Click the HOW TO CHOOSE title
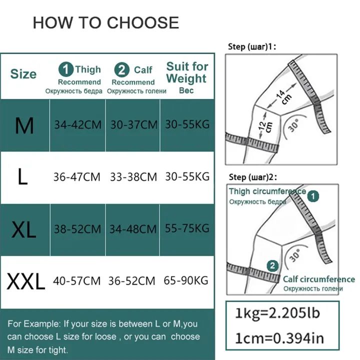click(106, 22)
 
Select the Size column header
click(23, 74)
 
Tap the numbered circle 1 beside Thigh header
click(66, 69)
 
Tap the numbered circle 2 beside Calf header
click(122, 69)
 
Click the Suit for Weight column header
click(187, 72)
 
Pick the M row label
click(24, 125)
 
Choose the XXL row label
click(26, 281)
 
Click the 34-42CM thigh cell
click(78, 125)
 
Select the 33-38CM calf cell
click(133, 177)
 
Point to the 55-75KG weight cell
click(187, 228)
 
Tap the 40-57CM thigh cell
click(76, 281)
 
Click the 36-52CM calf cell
click(132, 281)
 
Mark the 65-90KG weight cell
click(186, 280)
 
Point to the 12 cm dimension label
click(265, 126)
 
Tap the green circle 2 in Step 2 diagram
click(272, 266)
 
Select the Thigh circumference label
click(267, 191)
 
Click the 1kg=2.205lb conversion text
click(277, 312)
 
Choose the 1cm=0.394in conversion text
click(279, 338)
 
